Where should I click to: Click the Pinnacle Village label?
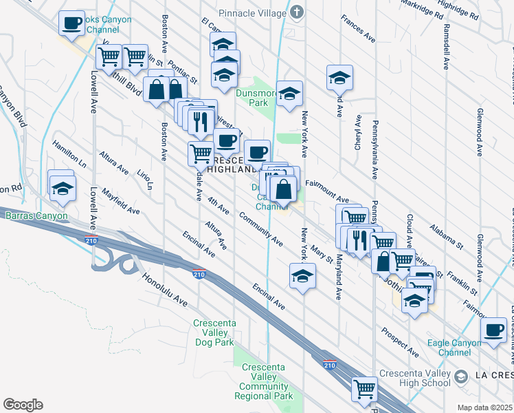pos(252,12)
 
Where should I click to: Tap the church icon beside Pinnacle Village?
pos(296,12)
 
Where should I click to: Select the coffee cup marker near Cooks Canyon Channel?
pos(71,24)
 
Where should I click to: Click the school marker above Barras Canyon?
pos(62,188)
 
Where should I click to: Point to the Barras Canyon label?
pos(37,216)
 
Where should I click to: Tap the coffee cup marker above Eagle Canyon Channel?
pos(493,330)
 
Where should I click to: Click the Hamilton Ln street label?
pos(69,154)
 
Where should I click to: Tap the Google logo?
pos(23,405)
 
